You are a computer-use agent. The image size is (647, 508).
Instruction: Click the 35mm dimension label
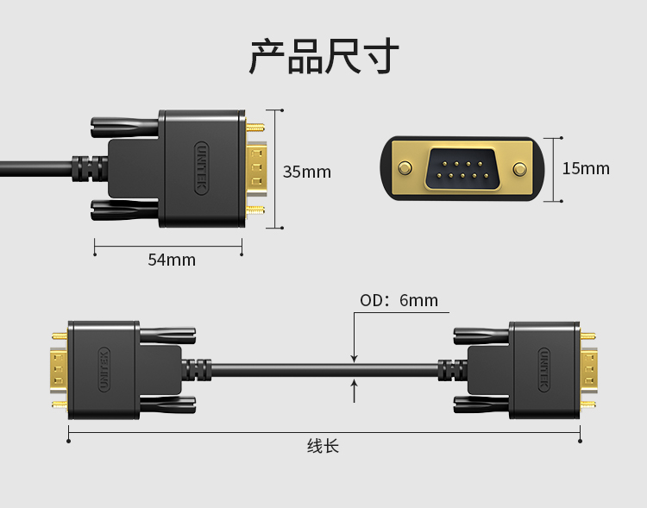307,172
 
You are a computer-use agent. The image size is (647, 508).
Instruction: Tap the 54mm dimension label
172,260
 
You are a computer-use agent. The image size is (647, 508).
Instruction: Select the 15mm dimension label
586,168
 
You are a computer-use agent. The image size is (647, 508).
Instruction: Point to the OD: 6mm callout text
399,300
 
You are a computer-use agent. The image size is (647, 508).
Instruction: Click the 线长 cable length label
323,446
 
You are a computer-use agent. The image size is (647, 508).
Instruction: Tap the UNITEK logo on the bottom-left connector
104,369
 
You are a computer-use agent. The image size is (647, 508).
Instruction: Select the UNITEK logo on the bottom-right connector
544,369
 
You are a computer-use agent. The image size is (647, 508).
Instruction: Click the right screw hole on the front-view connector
519,169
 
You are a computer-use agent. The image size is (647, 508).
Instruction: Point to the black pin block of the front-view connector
461,168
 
